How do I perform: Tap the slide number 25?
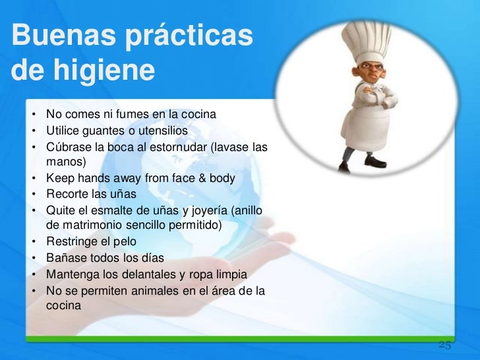444,345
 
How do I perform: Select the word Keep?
57,178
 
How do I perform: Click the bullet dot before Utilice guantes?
32,131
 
